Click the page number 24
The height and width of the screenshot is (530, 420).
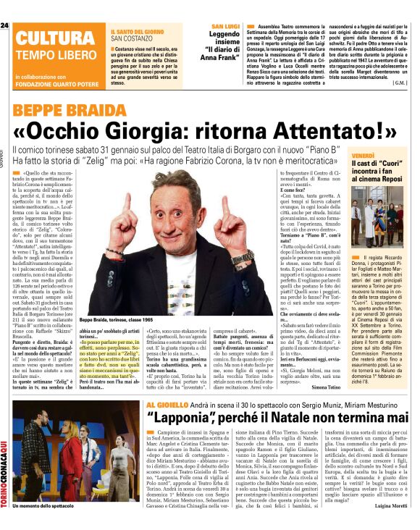pos(4,27)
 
